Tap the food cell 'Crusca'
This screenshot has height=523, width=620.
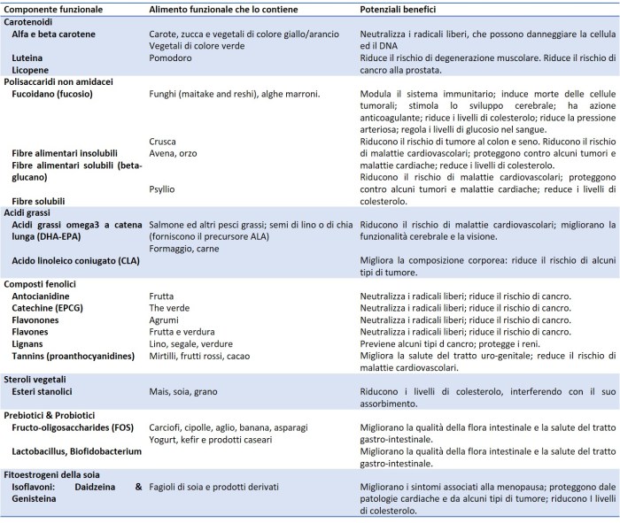(x=163, y=141)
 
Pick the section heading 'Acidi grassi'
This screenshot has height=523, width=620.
(x=31, y=213)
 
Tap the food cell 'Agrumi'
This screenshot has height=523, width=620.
(x=165, y=319)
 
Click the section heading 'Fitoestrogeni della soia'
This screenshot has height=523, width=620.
(x=57, y=473)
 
